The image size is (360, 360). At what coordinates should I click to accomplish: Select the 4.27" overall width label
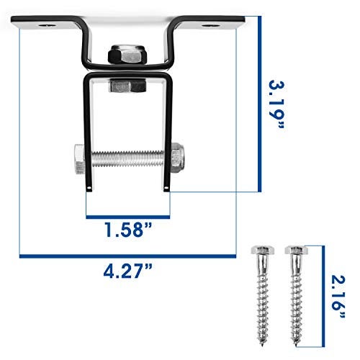click(128, 274)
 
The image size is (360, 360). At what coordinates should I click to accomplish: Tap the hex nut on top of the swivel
click(126, 57)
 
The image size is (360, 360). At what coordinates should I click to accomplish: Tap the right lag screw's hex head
click(294, 251)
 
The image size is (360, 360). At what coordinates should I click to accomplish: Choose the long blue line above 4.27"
click(128, 256)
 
